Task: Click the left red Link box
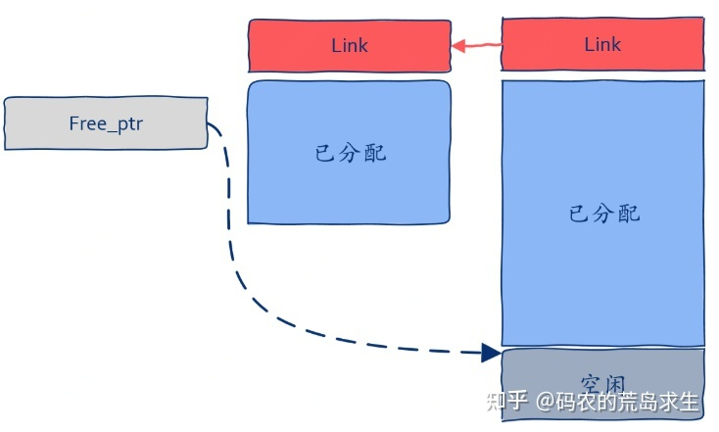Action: [349, 45]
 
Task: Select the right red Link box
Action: [602, 45]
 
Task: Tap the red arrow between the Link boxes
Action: [477, 45]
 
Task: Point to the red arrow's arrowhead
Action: [456, 45]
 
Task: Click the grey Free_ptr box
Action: [106, 123]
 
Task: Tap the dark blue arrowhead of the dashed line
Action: [493, 352]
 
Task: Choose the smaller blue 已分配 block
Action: [349, 152]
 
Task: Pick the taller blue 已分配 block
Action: [602, 214]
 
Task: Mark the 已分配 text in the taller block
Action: [604, 214]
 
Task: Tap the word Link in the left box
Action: [349, 45]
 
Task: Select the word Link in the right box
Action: [602, 45]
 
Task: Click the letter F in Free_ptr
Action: [73, 123]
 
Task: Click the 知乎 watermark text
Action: [507, 402]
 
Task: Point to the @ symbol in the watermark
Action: [544, 402]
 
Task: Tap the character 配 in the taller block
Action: [629, 214]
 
